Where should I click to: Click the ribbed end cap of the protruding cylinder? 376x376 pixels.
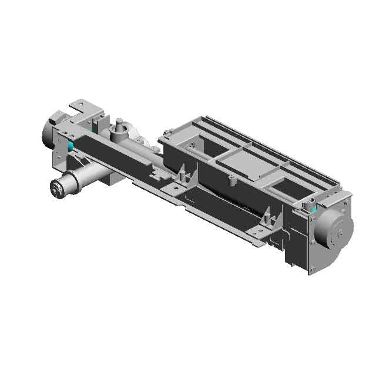click(58, 189)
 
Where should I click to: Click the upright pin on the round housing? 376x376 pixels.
click(119, 123)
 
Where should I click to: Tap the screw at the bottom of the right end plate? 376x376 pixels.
click(313, 270)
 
